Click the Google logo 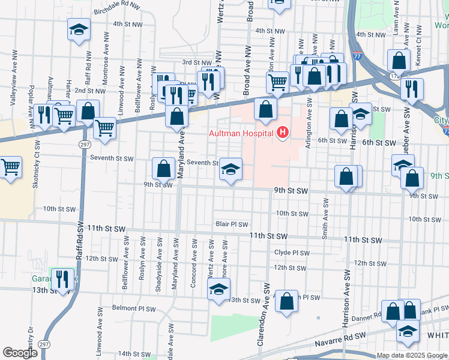[20, 353]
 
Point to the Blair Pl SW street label [232, 224]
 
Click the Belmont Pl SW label [133, 309]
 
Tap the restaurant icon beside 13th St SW [62, 279]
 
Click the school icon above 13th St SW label [218, 290]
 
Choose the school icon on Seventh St [231, 169]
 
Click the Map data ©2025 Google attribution [412, 355]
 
